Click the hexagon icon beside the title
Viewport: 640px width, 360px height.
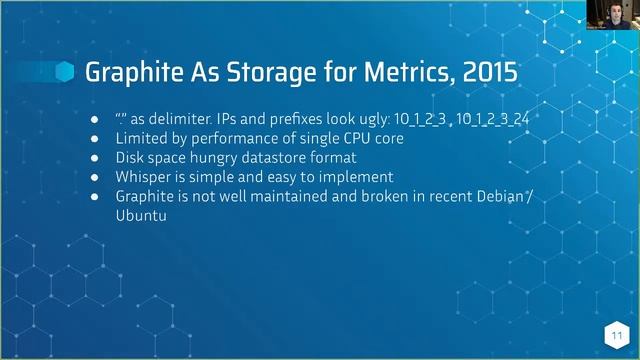click(x=65, y=72)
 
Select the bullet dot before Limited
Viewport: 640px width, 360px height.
click(x=94, y=139)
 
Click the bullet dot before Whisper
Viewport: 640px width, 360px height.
click(x=94, y=177)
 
